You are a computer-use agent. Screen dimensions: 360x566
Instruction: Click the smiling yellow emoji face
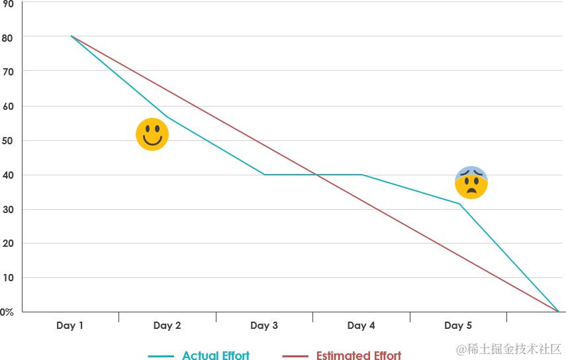click(x=152, y=134)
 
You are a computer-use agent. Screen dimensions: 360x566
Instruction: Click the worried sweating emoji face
click(x=471, y=183)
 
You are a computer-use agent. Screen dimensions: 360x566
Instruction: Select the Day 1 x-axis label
click(x=70, y=326)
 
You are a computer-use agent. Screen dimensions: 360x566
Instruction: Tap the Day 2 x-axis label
click(x=167, y=326)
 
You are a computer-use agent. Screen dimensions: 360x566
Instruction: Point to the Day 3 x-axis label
click(x=264, y=326)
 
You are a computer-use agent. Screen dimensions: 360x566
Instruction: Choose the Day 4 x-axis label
click(x=361, y=326)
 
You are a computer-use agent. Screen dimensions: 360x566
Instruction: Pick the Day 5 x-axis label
click(x=458, y=326)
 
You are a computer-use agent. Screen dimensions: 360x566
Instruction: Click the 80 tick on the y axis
click(x=9, y=37)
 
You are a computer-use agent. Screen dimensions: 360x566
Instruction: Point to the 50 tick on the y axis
click(x=9, y=140)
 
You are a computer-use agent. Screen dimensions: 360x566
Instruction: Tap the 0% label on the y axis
click(x=7, y=312)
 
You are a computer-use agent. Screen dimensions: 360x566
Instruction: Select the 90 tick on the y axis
click(x=9, y=3)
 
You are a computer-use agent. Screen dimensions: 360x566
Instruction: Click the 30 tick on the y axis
click(x=9, y=209)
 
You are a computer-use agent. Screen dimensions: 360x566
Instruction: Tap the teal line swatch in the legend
click(x=161, y=356)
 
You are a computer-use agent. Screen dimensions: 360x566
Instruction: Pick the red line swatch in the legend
click(x=295, y=356)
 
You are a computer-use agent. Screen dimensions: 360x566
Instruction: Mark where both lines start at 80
click(x=71, y=36)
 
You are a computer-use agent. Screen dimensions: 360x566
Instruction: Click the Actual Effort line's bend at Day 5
click(x=459, y=204)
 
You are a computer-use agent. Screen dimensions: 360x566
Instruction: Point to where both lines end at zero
click(x=558, y=311)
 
